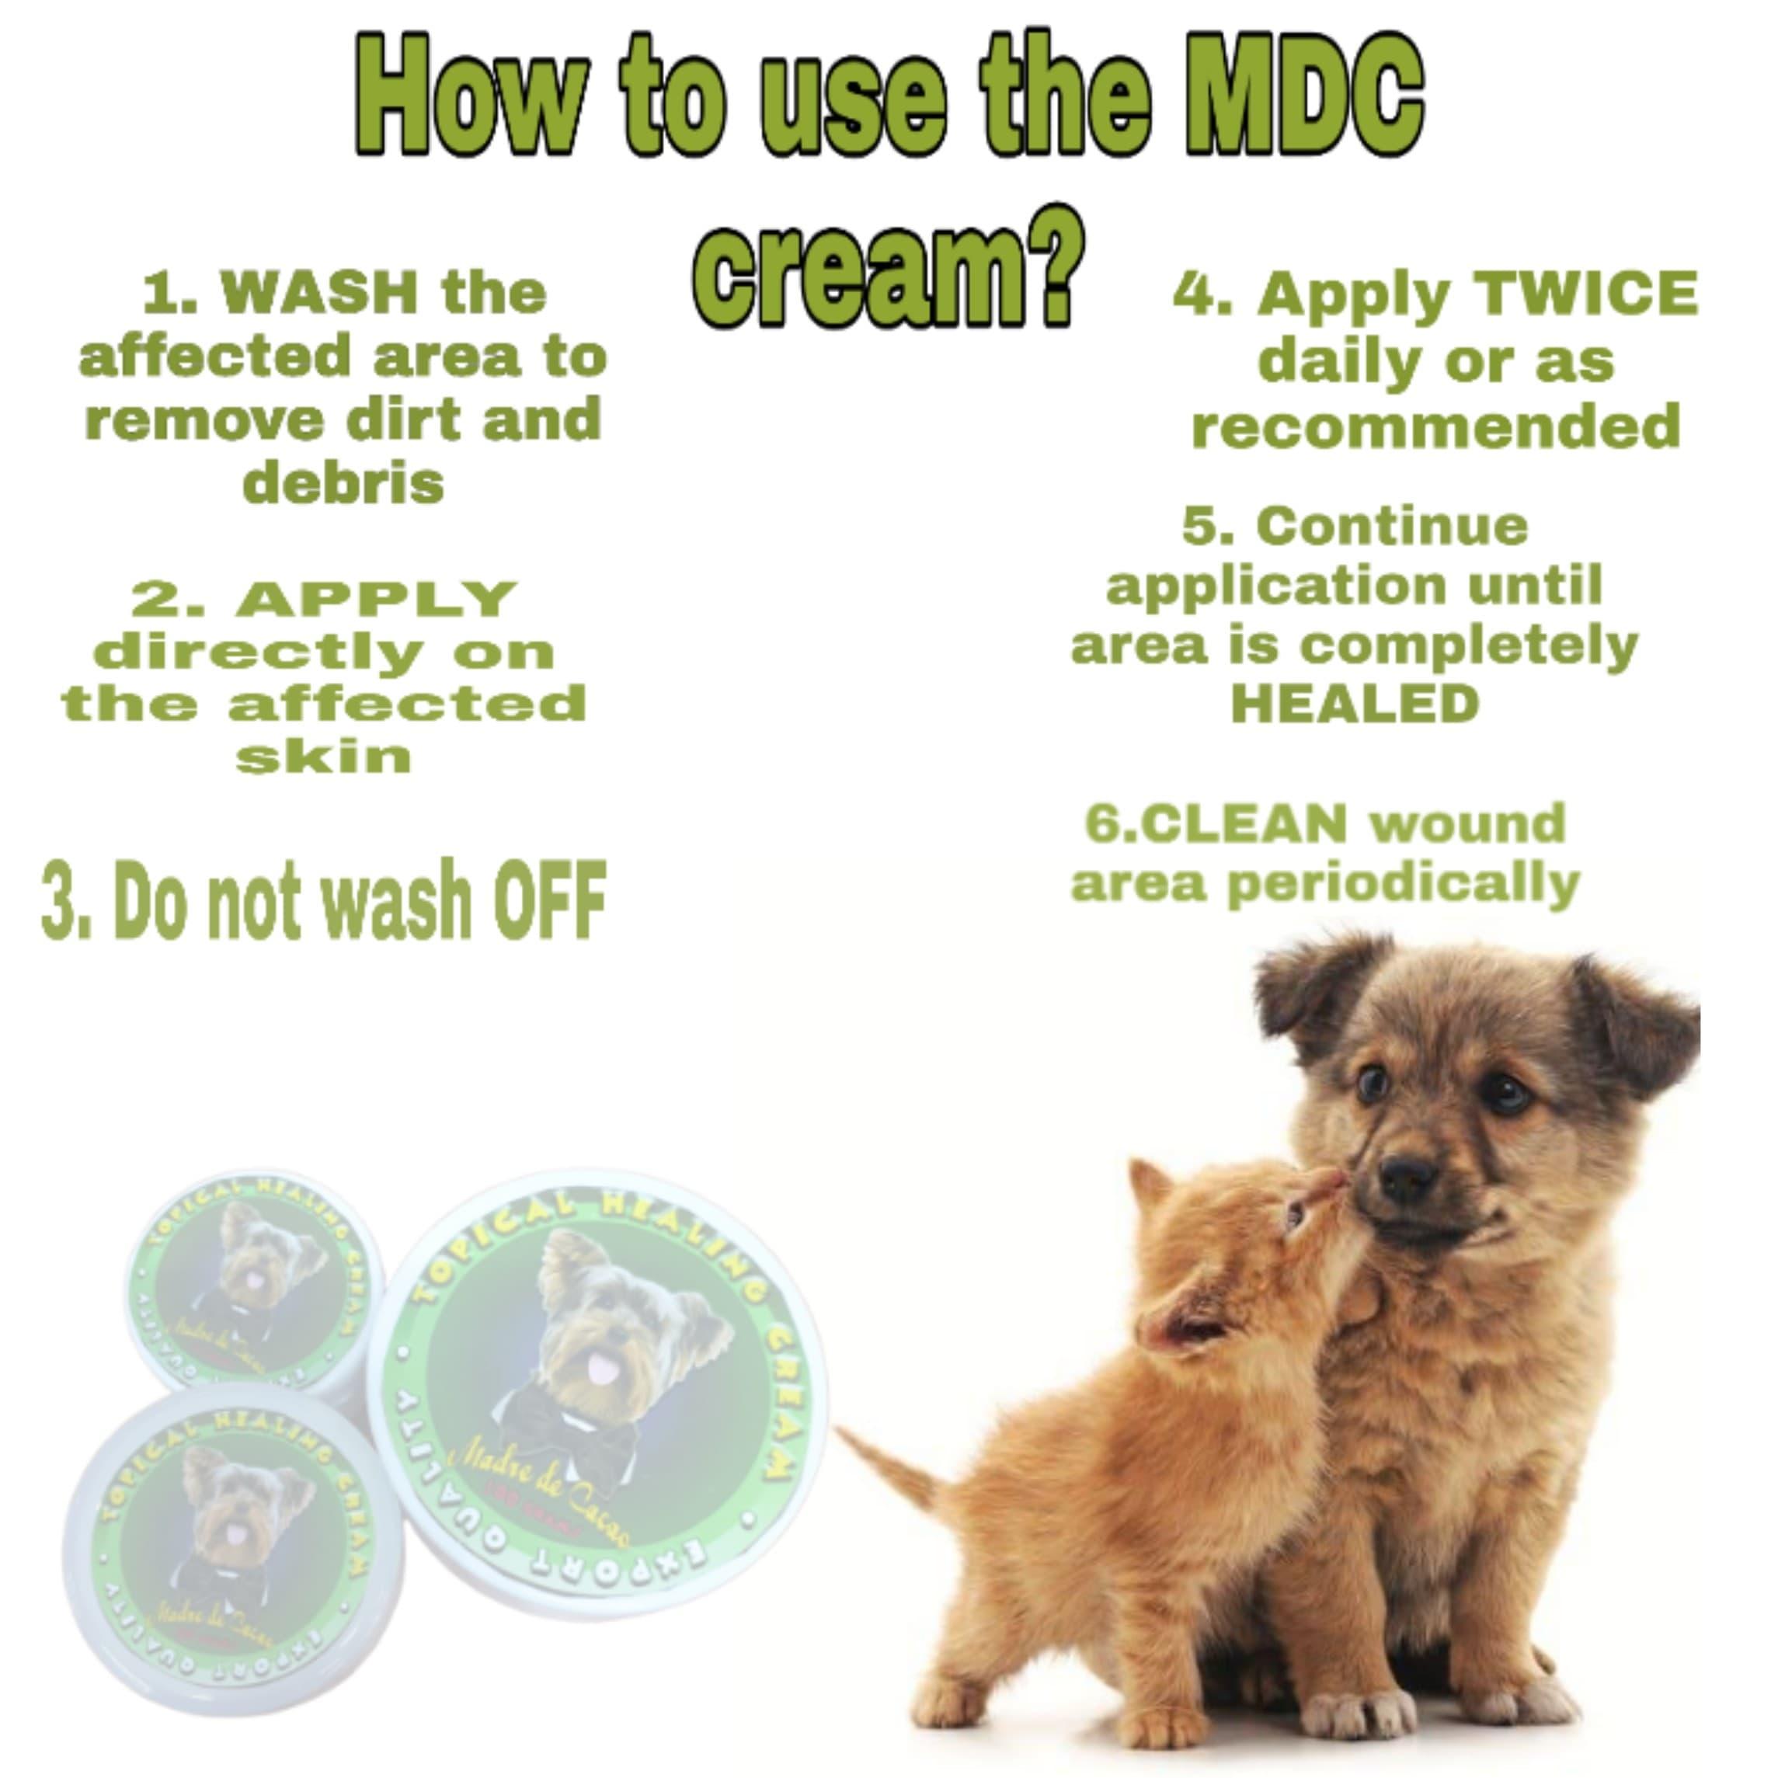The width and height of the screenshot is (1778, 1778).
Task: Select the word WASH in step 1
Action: pyautogui.click(x=319, y=293)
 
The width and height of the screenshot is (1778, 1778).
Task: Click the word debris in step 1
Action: pyautogui.click(x=343, y=482)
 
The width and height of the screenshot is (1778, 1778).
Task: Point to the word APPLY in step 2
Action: pyautogui.click(x=377, y=599)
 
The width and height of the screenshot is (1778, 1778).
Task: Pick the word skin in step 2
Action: pyautogui.click(x=323, y=757)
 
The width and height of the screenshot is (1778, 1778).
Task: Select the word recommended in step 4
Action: pyautogui.click(x=1435, y=426)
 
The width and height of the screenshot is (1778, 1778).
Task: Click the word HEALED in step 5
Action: pyautogui.click(x=1355, y=703)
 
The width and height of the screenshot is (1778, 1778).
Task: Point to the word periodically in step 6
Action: pyautogui.click(x=1404, y=883)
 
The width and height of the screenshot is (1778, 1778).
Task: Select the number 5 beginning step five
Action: pyautogui.click(x=1199, y=527)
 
